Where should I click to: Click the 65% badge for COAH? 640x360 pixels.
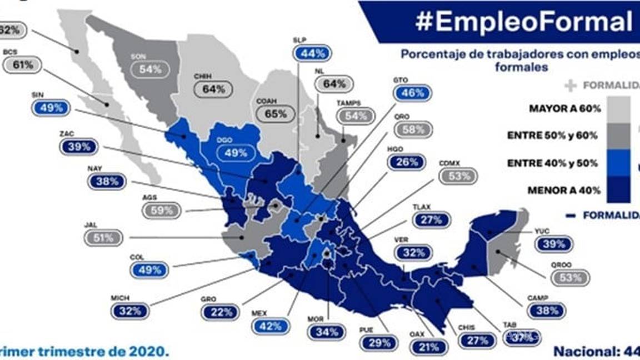276,114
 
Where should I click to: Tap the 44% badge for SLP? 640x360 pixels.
312,53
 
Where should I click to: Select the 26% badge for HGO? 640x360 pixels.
407,162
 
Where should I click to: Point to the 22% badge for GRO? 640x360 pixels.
221,312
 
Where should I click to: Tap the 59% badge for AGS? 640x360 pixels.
161,211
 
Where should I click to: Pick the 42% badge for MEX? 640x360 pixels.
271,326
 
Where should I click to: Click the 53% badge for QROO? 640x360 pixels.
571,277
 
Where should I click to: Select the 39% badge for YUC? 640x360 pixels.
554,244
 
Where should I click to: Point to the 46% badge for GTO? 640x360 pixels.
412,93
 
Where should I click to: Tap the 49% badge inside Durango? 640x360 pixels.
236,152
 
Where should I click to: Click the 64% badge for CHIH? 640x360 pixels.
213,88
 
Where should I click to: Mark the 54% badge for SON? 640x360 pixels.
149,69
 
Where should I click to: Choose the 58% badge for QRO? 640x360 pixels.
413,129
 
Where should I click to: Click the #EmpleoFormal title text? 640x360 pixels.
523,22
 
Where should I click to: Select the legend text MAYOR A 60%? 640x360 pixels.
566,109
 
